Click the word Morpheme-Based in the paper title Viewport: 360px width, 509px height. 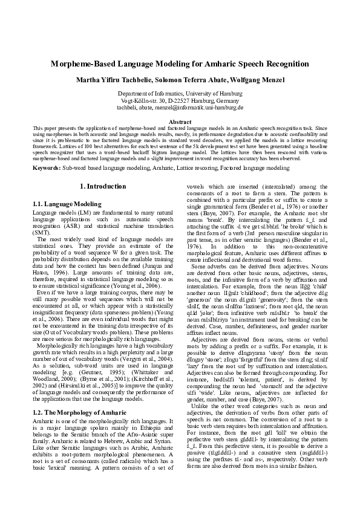82,63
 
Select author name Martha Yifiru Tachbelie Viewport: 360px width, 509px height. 113,80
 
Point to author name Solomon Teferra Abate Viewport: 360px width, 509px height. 189,80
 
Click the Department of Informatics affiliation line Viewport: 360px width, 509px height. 180,94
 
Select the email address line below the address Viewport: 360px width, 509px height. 180,108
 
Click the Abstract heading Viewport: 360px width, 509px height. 180,122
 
